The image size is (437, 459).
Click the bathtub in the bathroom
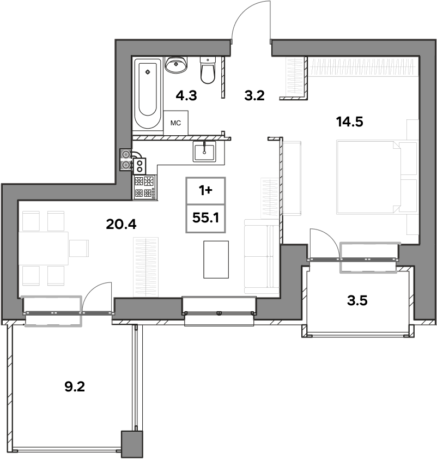pyautogui.click(x=148, y=94)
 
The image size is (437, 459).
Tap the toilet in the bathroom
pyautogui.click(x=208, y=70)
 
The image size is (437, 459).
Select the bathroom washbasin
pyautogui.click(x=176, y=64)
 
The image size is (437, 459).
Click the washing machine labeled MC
pyautogui.click(x=175, y=123)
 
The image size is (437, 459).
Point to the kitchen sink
pyautogui.click(x=204, y=152)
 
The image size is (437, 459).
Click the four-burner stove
pyautogui.click(x=145, y=188)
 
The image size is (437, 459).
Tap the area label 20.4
pyautogui.click(x=121, y=225)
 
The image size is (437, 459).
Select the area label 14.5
pyautogui.click(x=349, y=122)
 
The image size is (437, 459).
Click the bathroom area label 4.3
pyautogui.click(x=186, y=95)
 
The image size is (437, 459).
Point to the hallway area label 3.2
pyautogui.click(x=254, y=95)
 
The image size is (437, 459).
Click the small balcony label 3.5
pyautogui.click(x=357, y=300)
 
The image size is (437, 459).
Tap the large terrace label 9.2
pyautogui.click(x=75, y=387)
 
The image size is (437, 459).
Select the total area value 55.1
pyautogui.click(x=205, y=218)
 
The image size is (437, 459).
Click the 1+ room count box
pyautogui.click(x=205, y=191)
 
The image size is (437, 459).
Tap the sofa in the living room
pyautogui.click(x=262, y=256)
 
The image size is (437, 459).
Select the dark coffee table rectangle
pyautogui.click(x=216, y=259)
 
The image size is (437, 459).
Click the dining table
pyautogui.click(x=44, y=248)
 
